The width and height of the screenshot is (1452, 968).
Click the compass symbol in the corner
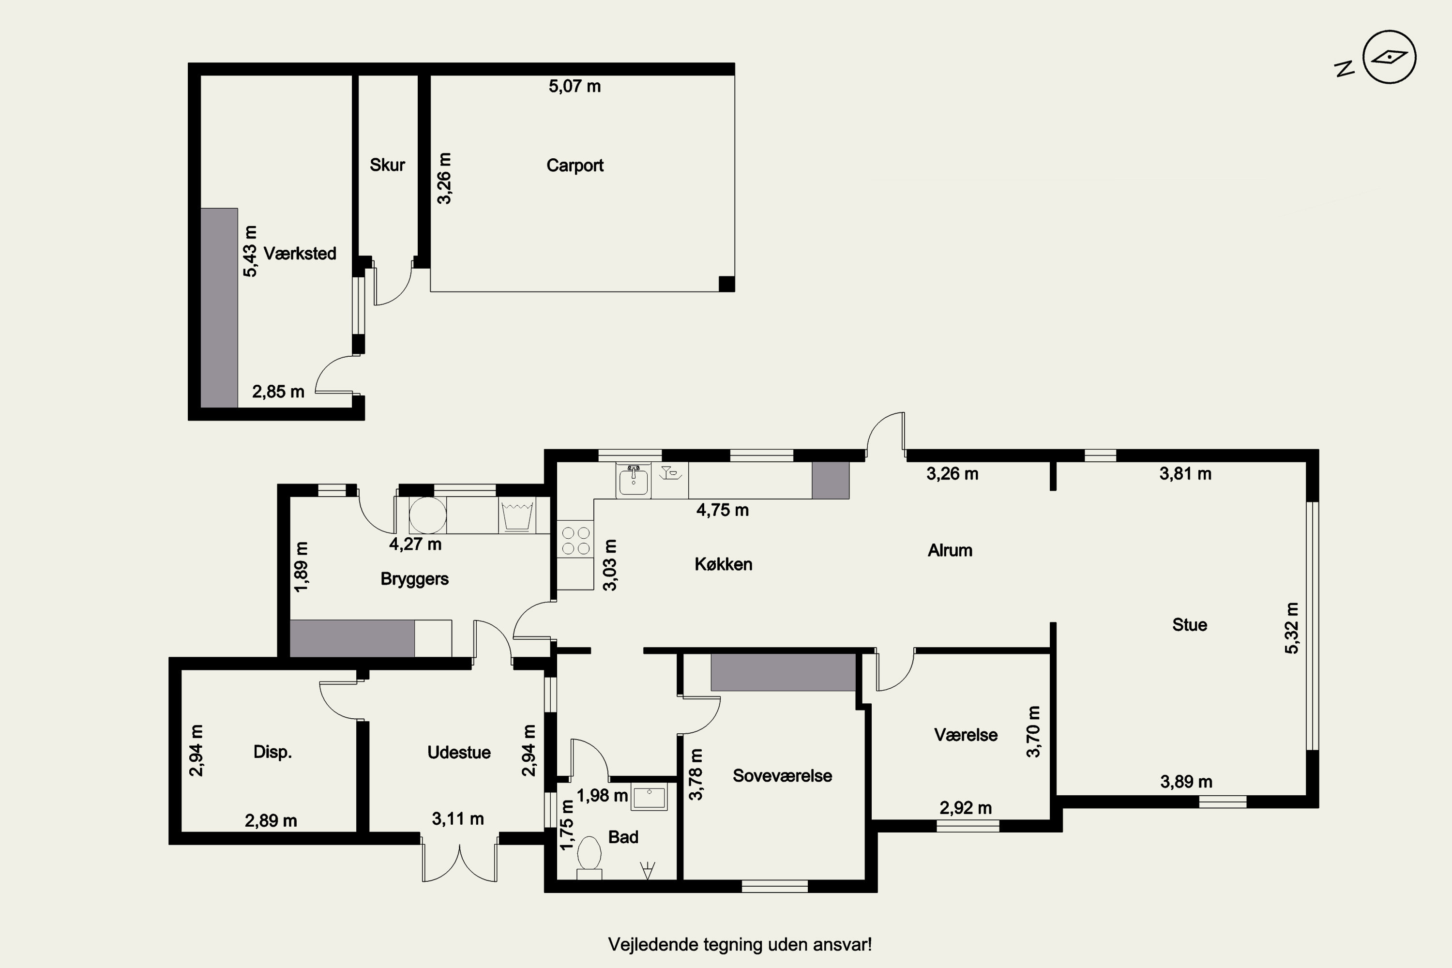1389,57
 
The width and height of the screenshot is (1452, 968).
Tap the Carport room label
575,166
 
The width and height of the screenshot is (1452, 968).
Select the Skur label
387,165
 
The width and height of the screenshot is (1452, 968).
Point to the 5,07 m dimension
575,86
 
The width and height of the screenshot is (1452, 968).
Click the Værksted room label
300,253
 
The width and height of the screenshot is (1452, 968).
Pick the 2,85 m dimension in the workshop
278,392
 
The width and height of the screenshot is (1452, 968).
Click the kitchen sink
633,480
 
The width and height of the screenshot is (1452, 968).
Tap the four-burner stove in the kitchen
576,540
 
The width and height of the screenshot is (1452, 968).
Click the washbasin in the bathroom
650,798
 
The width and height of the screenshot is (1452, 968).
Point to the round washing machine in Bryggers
428,515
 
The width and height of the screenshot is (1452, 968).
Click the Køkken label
724,564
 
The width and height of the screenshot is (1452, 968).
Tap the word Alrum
950,550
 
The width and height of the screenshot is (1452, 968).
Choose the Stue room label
1190,625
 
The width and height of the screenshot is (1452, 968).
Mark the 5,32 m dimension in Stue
1292,628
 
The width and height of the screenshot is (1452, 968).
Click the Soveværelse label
782,776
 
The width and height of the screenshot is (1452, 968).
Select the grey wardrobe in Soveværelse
783,672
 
